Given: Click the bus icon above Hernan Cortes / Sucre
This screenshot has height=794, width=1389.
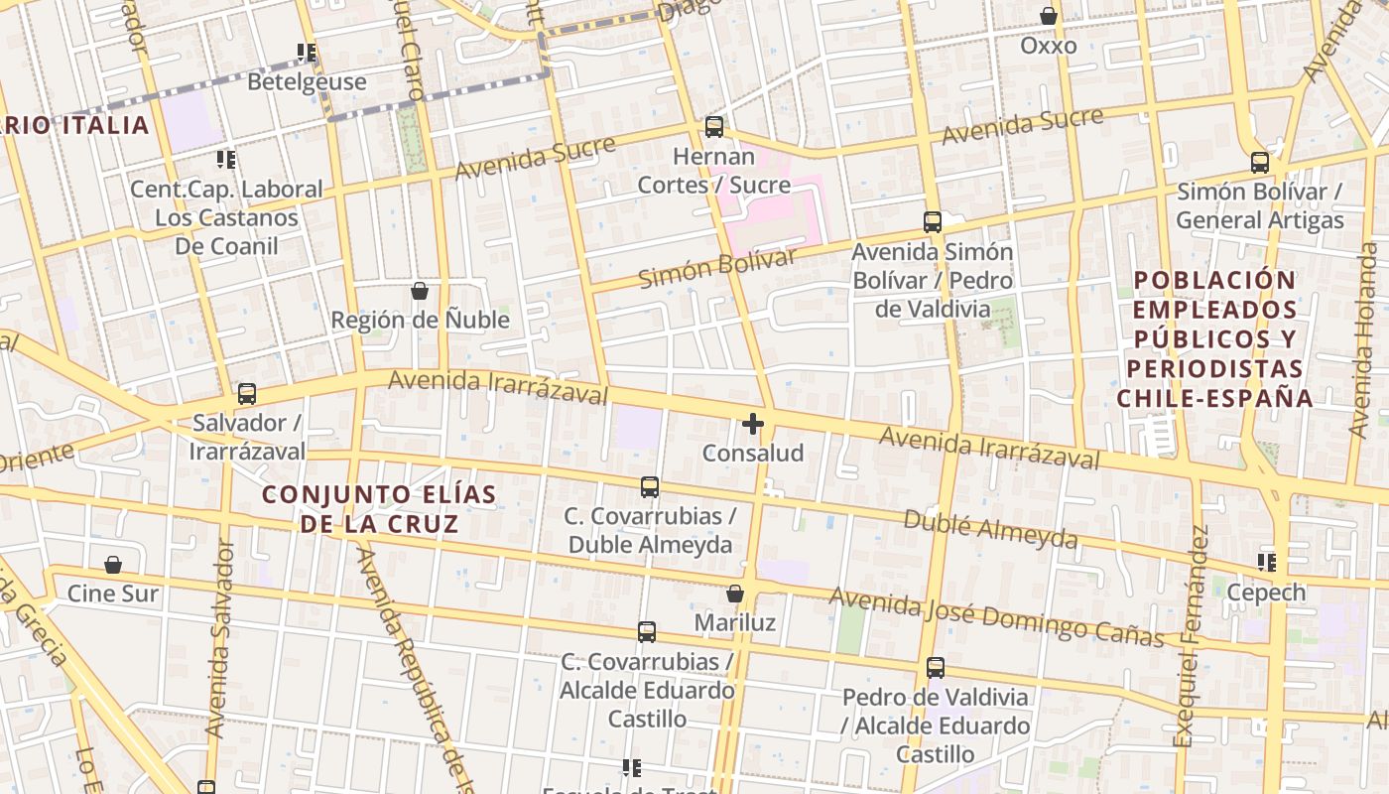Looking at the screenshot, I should pos(713,127).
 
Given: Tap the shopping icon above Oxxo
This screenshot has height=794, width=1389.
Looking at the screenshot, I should pos(1048,16).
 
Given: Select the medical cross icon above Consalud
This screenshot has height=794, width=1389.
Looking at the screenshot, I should pos(753,425).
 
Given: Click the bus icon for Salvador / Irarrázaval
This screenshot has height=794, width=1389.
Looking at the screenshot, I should pos(247,394).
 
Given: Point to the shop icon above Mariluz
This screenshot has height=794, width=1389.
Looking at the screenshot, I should pos(735,594).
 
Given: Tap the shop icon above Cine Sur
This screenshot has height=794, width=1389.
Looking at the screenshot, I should pos(113,565).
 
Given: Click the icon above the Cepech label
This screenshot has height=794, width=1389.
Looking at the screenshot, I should pos(1266,563).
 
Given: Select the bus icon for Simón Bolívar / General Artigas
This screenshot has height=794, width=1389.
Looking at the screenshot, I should pos(1259,163).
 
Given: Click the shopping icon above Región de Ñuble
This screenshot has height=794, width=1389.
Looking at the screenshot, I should pos(420,291).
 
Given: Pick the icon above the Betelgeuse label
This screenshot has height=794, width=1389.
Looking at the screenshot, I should pos(307,52).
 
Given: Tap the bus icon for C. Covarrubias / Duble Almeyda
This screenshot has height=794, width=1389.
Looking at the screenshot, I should pos(650,487).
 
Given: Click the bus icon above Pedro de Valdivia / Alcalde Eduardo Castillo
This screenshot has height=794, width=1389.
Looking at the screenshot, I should pos(935,668).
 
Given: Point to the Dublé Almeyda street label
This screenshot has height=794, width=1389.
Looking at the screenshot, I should pos(989,529).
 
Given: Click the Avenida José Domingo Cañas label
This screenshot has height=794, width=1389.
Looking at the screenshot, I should pos(996,615).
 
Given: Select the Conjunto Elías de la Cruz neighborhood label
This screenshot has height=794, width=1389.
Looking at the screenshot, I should pos(379,508).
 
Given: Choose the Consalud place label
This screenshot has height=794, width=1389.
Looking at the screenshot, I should pos(753,454).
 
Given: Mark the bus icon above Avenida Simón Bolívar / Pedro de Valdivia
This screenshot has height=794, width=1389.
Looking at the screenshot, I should pos(932,222).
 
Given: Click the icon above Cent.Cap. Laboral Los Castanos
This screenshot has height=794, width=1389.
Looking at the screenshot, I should pos(226,159).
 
